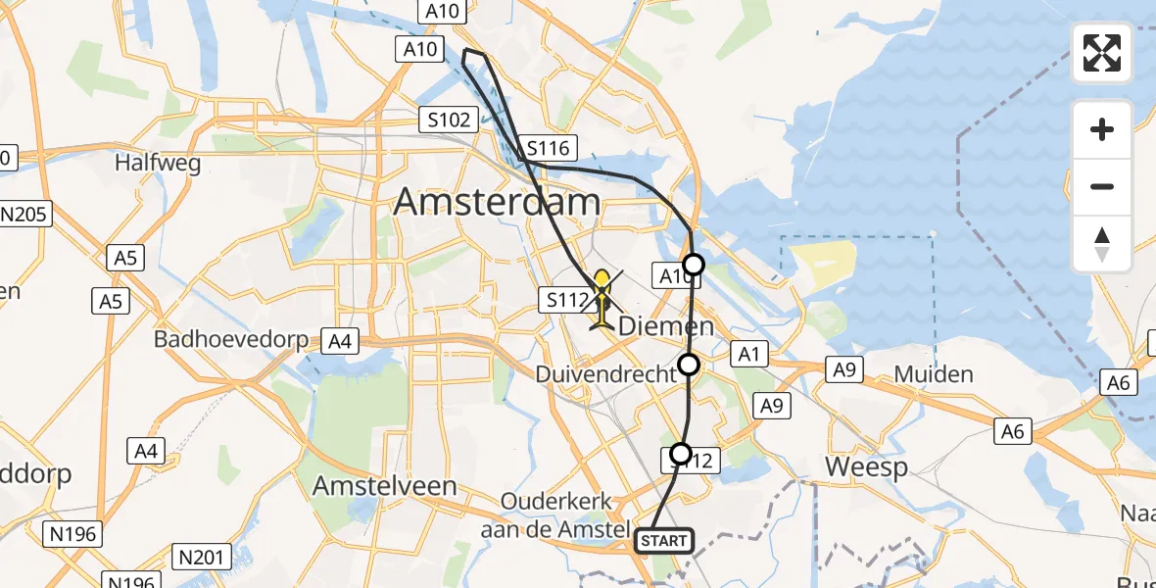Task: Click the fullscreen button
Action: (1102, 53)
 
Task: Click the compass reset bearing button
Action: (1102, 243)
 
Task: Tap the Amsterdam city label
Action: (497, 203)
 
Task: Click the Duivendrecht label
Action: (605, 373)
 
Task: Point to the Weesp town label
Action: (852, 466)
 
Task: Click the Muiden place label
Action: (934, 373)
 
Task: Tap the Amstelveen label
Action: (384, 485)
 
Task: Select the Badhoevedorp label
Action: (231, 341)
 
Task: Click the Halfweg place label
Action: (158, 162)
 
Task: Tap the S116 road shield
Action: (550, 149)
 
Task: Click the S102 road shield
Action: (448, 121)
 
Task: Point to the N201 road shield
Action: (200, 558)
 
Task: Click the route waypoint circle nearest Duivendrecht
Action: (689, 366)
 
